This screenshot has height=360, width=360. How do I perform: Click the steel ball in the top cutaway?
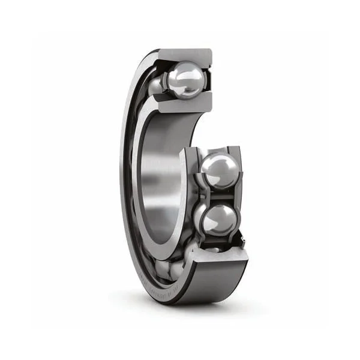pyautogui.click(x=186, y=80)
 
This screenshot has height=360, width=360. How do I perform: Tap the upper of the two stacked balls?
pyautogui.click(x=217, y=170)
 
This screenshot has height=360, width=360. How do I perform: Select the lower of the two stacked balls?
pyautogui.click(x=218, y=218)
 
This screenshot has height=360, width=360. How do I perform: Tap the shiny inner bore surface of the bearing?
pyautogui.click(x=159, y=174)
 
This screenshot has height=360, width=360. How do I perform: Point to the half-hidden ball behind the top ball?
pyautogui.click(x=157, y=84)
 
